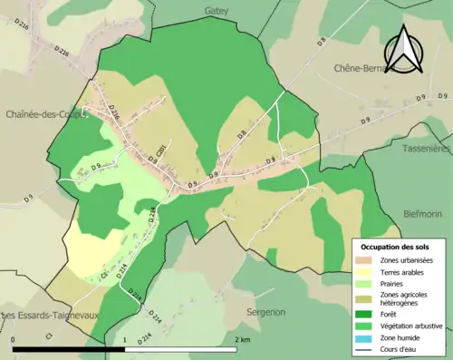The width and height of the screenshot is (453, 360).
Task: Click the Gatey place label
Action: [217, 11]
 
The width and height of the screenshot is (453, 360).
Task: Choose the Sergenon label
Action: [265, 311]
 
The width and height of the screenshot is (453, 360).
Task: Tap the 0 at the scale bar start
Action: [13, 339]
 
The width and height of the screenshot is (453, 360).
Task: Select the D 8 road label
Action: [241, 135]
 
